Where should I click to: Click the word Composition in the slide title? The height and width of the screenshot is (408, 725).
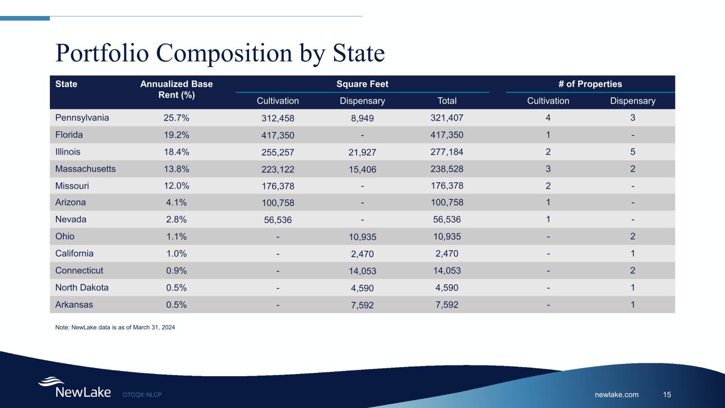204,53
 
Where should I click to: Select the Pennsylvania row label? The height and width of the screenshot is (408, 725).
82,117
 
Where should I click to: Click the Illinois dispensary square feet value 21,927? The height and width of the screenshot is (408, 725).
362,152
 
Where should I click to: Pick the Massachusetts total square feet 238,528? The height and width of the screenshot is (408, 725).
447,169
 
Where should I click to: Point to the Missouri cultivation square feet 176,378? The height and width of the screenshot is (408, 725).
278,186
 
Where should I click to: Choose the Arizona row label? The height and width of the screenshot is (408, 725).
70,202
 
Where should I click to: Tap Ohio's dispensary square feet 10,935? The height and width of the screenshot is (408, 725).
362,237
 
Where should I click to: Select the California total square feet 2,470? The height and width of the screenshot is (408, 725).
447,253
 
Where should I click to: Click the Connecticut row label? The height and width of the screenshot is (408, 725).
79,270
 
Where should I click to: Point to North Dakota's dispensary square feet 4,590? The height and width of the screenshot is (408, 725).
362,288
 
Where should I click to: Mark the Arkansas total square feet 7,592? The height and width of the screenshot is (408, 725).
447,304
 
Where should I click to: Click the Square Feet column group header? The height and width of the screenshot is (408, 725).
362,84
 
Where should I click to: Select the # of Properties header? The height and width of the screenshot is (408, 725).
590,84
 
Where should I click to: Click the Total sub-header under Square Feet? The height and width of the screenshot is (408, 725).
447,101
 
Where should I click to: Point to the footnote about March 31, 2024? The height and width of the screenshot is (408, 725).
115,327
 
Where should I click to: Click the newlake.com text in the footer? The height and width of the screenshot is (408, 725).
617,394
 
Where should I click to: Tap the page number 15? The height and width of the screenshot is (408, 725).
667,394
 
